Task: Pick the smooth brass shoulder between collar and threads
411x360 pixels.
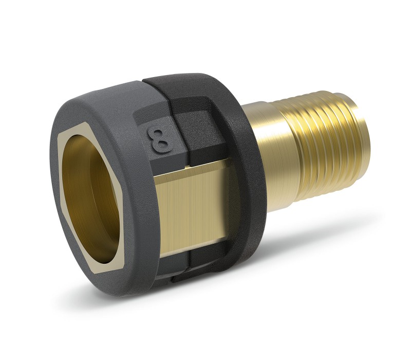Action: click(270, 157)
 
